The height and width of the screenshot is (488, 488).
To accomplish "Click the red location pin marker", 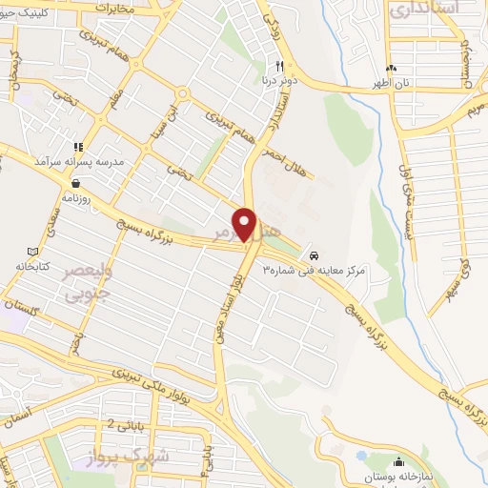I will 245,225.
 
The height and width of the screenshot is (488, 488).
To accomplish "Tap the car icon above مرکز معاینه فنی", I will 315,255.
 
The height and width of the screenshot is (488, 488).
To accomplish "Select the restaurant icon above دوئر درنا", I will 278,67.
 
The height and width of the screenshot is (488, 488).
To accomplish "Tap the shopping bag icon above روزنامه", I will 75,181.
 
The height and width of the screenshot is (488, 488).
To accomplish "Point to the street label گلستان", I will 18,307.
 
